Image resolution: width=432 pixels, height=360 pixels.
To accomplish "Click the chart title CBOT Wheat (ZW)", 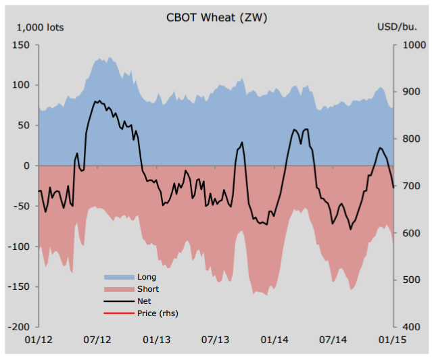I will click(216, 18).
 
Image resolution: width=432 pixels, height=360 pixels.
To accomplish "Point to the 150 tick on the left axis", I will click(21, 45).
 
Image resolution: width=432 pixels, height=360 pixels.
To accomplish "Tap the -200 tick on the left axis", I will click(18, 327).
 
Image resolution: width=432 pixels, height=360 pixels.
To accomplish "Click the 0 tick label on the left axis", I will click(26, 165).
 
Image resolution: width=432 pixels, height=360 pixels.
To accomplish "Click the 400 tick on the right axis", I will click(408, 327).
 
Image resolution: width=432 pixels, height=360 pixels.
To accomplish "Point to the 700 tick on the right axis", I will click(408, 186).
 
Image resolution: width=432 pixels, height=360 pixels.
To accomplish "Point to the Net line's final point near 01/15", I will click(394, 187).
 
